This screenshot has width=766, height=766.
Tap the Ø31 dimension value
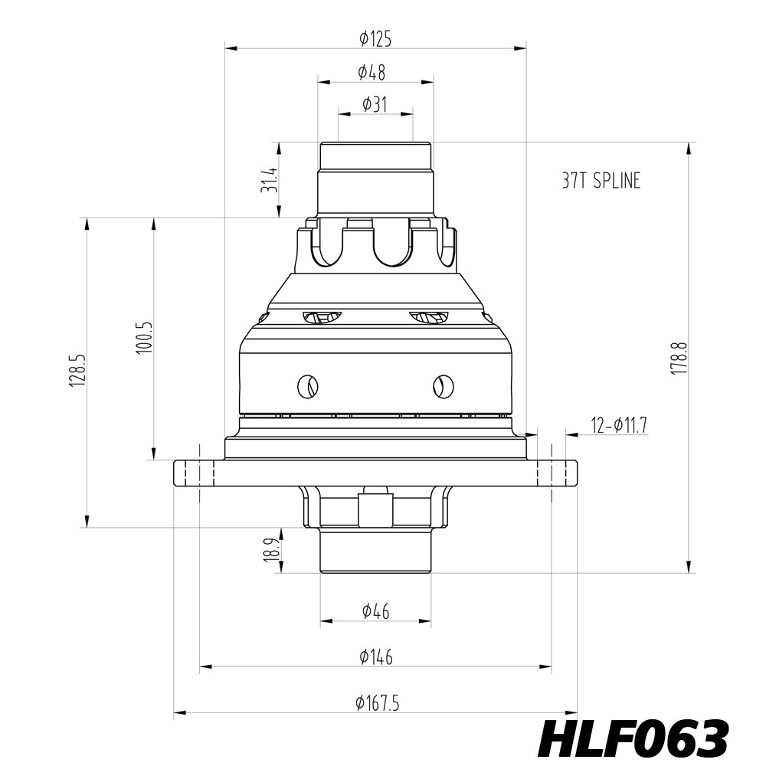coord(375,104)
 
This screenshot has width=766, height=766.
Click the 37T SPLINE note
coord(601,181)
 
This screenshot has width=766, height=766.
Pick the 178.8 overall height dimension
coord(679,358)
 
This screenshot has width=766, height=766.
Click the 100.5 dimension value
coord(144,338)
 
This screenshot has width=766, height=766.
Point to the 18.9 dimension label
coord(270,550)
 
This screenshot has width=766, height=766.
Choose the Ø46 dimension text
coord(375,611)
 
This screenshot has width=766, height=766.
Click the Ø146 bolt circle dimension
coord(375,656)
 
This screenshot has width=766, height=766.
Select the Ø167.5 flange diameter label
coord(378,702)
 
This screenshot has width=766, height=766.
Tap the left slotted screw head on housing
coord(309,387)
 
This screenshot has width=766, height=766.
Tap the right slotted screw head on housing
coord(441,387)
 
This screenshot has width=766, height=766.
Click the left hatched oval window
coord(322,316)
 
